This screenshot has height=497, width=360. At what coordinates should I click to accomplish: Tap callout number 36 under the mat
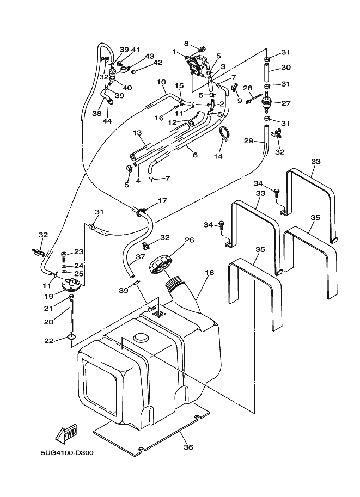(x=188, y=447)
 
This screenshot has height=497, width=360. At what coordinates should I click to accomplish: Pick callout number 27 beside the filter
(x=286, y=102)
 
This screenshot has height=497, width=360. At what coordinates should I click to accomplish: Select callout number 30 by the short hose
(x=286, y=68)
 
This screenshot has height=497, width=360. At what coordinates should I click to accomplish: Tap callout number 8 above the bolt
(x=186, y=43)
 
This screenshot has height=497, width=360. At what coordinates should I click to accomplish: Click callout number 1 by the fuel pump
(x=174, y=53)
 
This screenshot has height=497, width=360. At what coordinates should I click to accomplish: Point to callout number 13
(x=137, y=133)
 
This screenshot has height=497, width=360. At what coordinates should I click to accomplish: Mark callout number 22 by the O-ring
(x=48, y=341)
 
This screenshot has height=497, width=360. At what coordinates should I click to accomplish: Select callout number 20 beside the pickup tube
(x=48, y=322)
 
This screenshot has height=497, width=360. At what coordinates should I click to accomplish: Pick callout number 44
(x=107, y=121)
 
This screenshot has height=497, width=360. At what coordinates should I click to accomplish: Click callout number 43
(x=150, y=57)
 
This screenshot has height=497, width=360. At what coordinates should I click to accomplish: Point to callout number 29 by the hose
(x=248, y=141)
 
